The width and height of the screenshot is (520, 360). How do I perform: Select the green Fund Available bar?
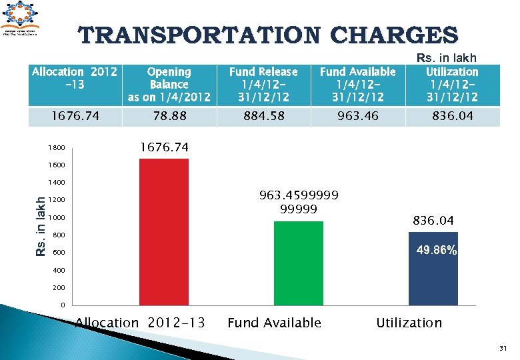[298, 263]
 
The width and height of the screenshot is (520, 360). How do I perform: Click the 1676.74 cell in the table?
[75, 116]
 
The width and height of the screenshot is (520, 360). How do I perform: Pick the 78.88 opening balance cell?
[169, 116]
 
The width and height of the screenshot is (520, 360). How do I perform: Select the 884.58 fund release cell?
[263, 116]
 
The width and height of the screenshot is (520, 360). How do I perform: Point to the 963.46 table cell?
[358, 116]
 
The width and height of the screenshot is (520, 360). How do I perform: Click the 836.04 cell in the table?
[452, 116]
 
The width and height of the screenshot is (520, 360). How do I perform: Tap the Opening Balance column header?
[169, 85]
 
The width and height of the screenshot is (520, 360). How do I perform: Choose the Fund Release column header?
[263, 85]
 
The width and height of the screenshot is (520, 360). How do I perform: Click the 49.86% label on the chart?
[437, 251]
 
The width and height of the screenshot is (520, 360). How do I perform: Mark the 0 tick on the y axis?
[63, 305]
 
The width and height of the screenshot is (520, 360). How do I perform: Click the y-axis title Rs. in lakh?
[41, 224]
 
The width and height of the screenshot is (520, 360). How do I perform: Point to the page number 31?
[503, 347]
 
